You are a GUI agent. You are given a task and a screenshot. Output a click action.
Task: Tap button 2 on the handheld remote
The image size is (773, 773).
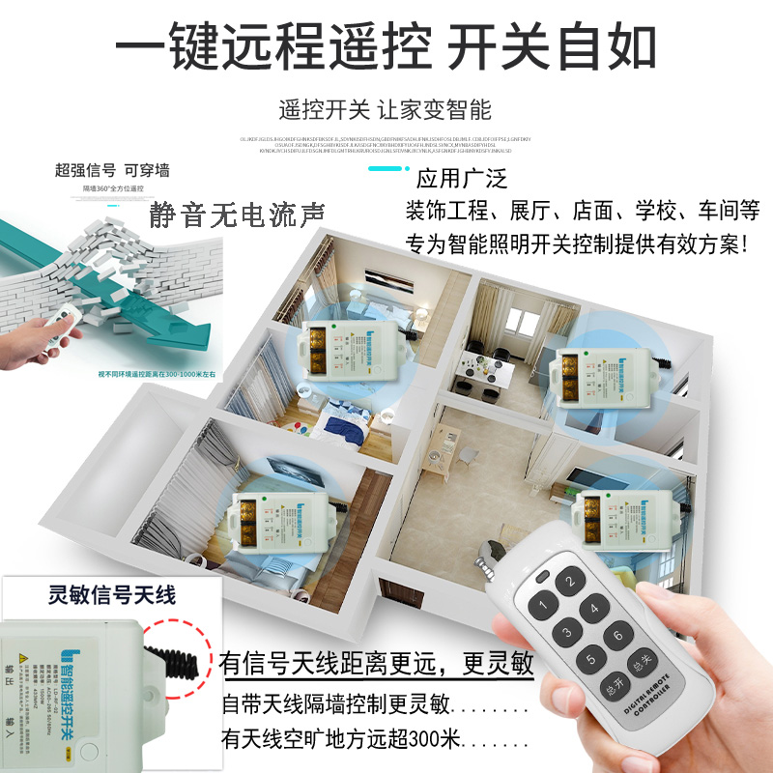[569, 583]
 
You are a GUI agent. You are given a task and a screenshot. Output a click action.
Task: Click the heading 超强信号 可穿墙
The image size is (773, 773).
[111, 171]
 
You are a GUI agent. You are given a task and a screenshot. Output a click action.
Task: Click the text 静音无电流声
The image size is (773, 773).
[237, 213]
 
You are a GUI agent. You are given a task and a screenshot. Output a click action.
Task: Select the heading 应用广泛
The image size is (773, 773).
[461, 179]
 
